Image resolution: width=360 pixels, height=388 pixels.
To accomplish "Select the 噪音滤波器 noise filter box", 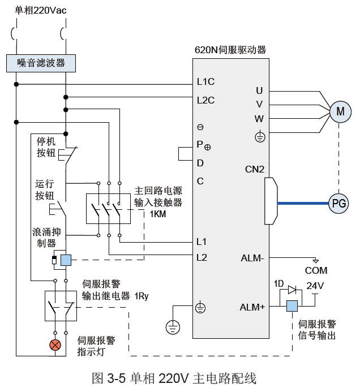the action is [41, 63].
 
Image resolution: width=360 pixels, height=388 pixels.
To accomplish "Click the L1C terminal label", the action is [205, 81].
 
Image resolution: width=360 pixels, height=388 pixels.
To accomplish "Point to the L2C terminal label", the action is [205, 100].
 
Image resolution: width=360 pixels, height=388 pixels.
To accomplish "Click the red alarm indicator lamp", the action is [55, 345].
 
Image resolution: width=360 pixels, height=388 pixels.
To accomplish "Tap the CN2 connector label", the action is [255, 169].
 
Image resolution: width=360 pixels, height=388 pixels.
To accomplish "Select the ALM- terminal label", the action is [252, 258].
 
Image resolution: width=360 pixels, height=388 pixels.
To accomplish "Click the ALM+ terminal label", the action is [252, 307].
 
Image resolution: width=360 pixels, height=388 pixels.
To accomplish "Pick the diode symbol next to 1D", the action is [292, 290].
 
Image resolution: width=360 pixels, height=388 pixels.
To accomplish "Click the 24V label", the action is [315, 286].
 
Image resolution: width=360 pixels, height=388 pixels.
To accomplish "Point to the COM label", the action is [316, 270].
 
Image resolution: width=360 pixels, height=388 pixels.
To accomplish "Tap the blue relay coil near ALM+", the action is [292, 306].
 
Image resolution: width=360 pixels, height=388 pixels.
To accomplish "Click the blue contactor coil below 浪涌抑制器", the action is [66, 260].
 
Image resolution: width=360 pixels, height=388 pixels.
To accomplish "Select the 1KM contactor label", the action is [158, 214].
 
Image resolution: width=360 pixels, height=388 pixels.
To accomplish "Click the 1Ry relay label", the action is [141, 296].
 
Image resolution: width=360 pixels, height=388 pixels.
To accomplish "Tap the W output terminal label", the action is [259, 119].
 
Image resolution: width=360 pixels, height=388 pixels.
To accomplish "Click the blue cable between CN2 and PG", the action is [303, 204].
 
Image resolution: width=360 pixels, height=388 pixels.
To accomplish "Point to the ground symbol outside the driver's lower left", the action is [173, 327].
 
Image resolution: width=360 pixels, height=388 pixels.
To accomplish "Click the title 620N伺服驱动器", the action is [230, 50].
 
